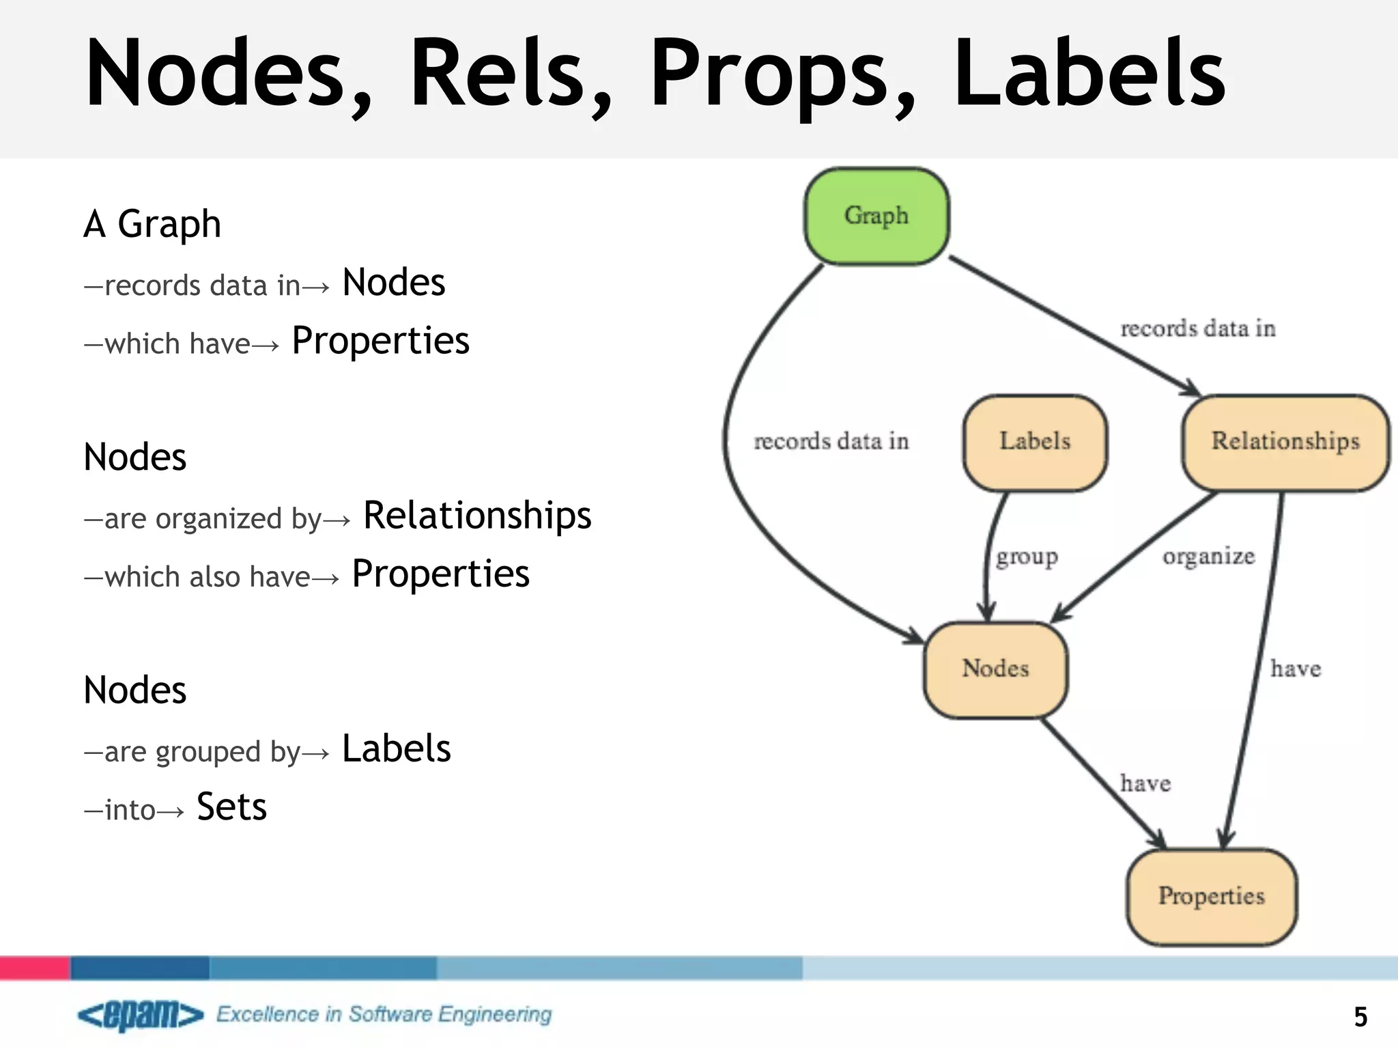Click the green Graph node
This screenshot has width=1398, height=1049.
point(876,216)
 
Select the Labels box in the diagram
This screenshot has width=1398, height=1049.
point(1035,442)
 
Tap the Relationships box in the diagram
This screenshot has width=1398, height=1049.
point(1285,442)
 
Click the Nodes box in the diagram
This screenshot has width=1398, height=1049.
point(995,669)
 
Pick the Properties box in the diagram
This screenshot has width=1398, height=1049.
point(1211,896)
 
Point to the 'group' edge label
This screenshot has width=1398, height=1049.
point(1027,557)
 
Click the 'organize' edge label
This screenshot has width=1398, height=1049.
point(1208,557)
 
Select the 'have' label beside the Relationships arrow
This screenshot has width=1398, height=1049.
point(1295,669)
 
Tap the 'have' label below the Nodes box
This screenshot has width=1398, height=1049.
point(1145,783)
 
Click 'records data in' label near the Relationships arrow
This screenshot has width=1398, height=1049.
point(1198,328)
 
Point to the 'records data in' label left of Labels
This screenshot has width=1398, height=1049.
point(831,442)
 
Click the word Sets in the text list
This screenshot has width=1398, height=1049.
point(231,807)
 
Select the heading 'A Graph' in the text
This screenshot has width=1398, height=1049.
point(152,224)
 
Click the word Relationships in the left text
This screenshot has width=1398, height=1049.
point(477,515)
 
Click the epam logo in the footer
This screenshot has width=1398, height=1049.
point(140,1015)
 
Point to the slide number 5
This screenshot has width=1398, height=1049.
point(1360,1017)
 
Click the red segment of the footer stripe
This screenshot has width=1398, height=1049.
point(34,968)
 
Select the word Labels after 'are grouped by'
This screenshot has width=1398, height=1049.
point(396,749)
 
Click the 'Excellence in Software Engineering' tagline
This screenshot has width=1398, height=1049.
point(384,1014)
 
